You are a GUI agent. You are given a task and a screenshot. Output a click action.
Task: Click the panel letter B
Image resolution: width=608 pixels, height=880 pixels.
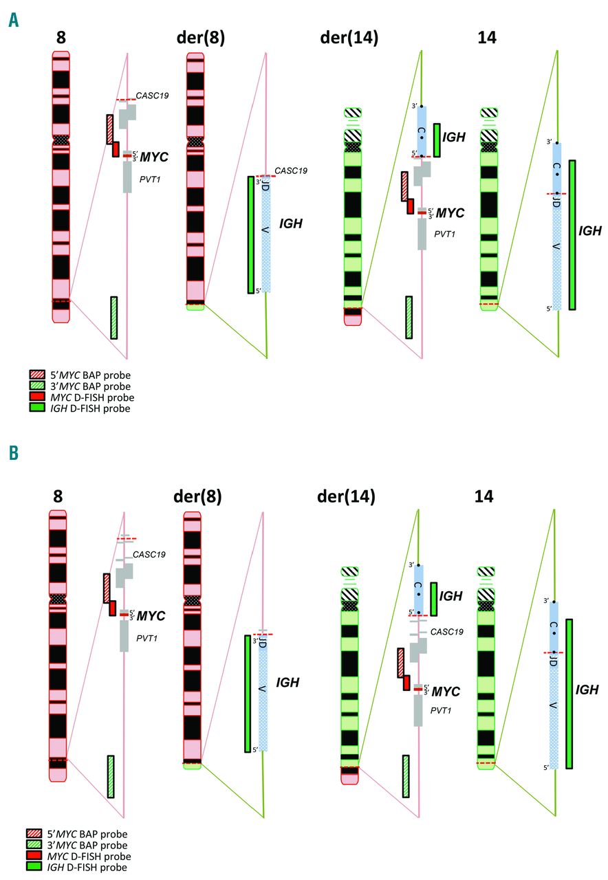[14, 454]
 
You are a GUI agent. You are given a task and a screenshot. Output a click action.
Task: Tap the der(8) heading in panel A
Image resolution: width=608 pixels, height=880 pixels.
[197, 38]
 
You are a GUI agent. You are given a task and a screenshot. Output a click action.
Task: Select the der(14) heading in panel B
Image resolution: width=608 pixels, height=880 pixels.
[347, 496]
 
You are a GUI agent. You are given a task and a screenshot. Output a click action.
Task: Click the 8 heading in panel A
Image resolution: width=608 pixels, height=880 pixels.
[61, 38]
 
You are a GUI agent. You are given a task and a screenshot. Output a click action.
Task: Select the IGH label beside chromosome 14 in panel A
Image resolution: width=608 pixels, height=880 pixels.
[590, 231]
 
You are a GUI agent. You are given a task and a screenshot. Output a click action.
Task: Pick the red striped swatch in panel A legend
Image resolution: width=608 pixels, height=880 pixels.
[36, 375]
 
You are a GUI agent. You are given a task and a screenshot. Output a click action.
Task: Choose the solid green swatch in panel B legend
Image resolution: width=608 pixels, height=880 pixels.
[36, 868]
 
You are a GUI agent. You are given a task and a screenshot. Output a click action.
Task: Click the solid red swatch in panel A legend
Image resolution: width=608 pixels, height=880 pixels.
[36, 397]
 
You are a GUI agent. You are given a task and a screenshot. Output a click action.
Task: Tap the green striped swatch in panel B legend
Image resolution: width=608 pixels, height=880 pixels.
[36, 845]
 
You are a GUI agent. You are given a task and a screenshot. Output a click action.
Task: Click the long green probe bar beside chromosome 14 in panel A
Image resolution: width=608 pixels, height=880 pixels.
[572, 235]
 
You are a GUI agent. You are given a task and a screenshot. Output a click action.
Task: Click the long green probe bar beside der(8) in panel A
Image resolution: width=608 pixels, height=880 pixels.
[251, 234]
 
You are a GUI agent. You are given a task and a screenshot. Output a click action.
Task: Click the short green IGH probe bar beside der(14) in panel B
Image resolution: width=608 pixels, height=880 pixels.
[434, 599]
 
